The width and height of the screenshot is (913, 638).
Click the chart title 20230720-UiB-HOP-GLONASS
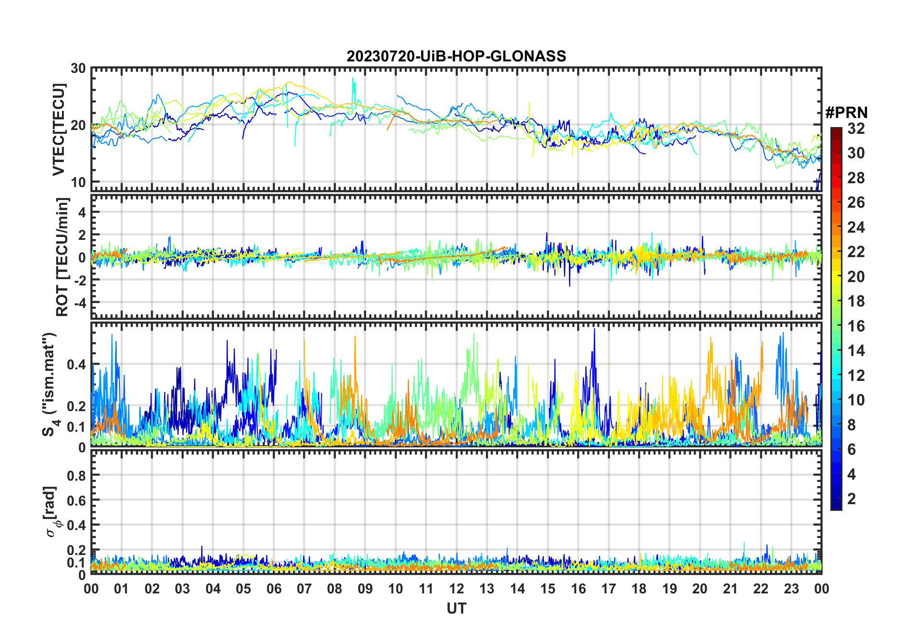456,57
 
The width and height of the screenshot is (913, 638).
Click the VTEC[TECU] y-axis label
59,130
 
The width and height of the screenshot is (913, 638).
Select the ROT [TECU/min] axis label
62,257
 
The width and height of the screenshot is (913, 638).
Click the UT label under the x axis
456,609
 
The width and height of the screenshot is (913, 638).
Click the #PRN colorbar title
846,113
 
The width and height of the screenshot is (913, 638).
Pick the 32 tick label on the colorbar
856,129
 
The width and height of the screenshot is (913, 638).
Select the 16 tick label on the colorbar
856,326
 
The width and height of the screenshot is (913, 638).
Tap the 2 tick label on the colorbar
852,499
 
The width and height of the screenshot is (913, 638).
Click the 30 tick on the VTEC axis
78,69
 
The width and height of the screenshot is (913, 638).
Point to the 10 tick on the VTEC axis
78,182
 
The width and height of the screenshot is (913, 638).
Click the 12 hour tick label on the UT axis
456,589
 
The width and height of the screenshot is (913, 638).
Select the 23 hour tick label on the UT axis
791,589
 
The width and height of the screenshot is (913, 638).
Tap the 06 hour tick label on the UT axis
274,589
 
